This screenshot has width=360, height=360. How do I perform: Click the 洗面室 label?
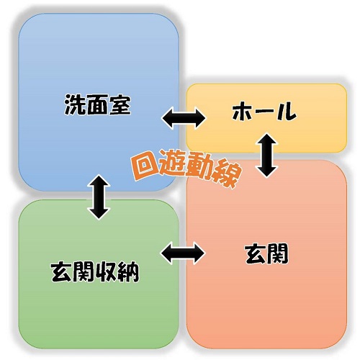click(x=98, y=104)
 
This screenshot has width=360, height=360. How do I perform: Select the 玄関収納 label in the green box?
click(x=95, y=272)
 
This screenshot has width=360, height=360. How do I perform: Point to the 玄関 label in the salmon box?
click(x=267, y=253)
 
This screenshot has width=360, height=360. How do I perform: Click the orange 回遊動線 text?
click(x=186, y=168)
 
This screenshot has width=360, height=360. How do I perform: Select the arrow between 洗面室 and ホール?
click(x=184, y=118)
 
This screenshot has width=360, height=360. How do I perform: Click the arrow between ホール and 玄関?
click(x=267, y=156)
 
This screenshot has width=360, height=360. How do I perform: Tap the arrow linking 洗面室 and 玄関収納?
click(x=99, y=197)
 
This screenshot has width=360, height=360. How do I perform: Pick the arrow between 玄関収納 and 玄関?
click(x=182, y=253)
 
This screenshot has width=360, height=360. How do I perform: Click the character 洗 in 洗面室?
click(x=75, y=104)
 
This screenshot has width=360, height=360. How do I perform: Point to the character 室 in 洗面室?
click(x=120, y=104)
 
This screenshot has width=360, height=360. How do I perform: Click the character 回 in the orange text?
click(x=143, y=163)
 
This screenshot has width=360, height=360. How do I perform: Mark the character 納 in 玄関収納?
click(x=129, y=272)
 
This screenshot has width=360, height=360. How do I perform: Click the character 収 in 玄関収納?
click(x=107, y=272)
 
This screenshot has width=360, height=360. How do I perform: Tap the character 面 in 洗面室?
click(x=98, y=104)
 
